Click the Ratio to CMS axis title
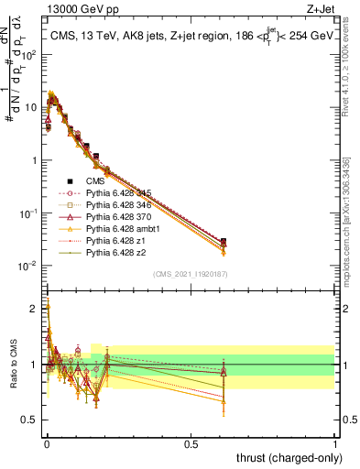pyautogui.click(x=12, y=365)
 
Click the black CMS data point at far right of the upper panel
pyautogui.click(x=224, y=241)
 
